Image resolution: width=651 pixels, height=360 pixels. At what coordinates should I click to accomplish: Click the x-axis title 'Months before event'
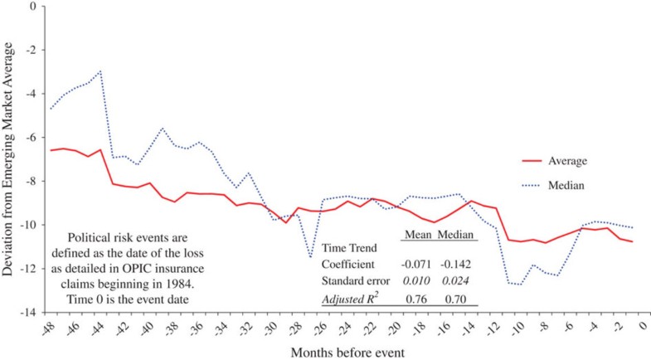point(346,351)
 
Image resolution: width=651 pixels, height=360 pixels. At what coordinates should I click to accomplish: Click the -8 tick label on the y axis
point(32,182)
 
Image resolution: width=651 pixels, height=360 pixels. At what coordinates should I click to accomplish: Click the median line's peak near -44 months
point(100,71)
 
